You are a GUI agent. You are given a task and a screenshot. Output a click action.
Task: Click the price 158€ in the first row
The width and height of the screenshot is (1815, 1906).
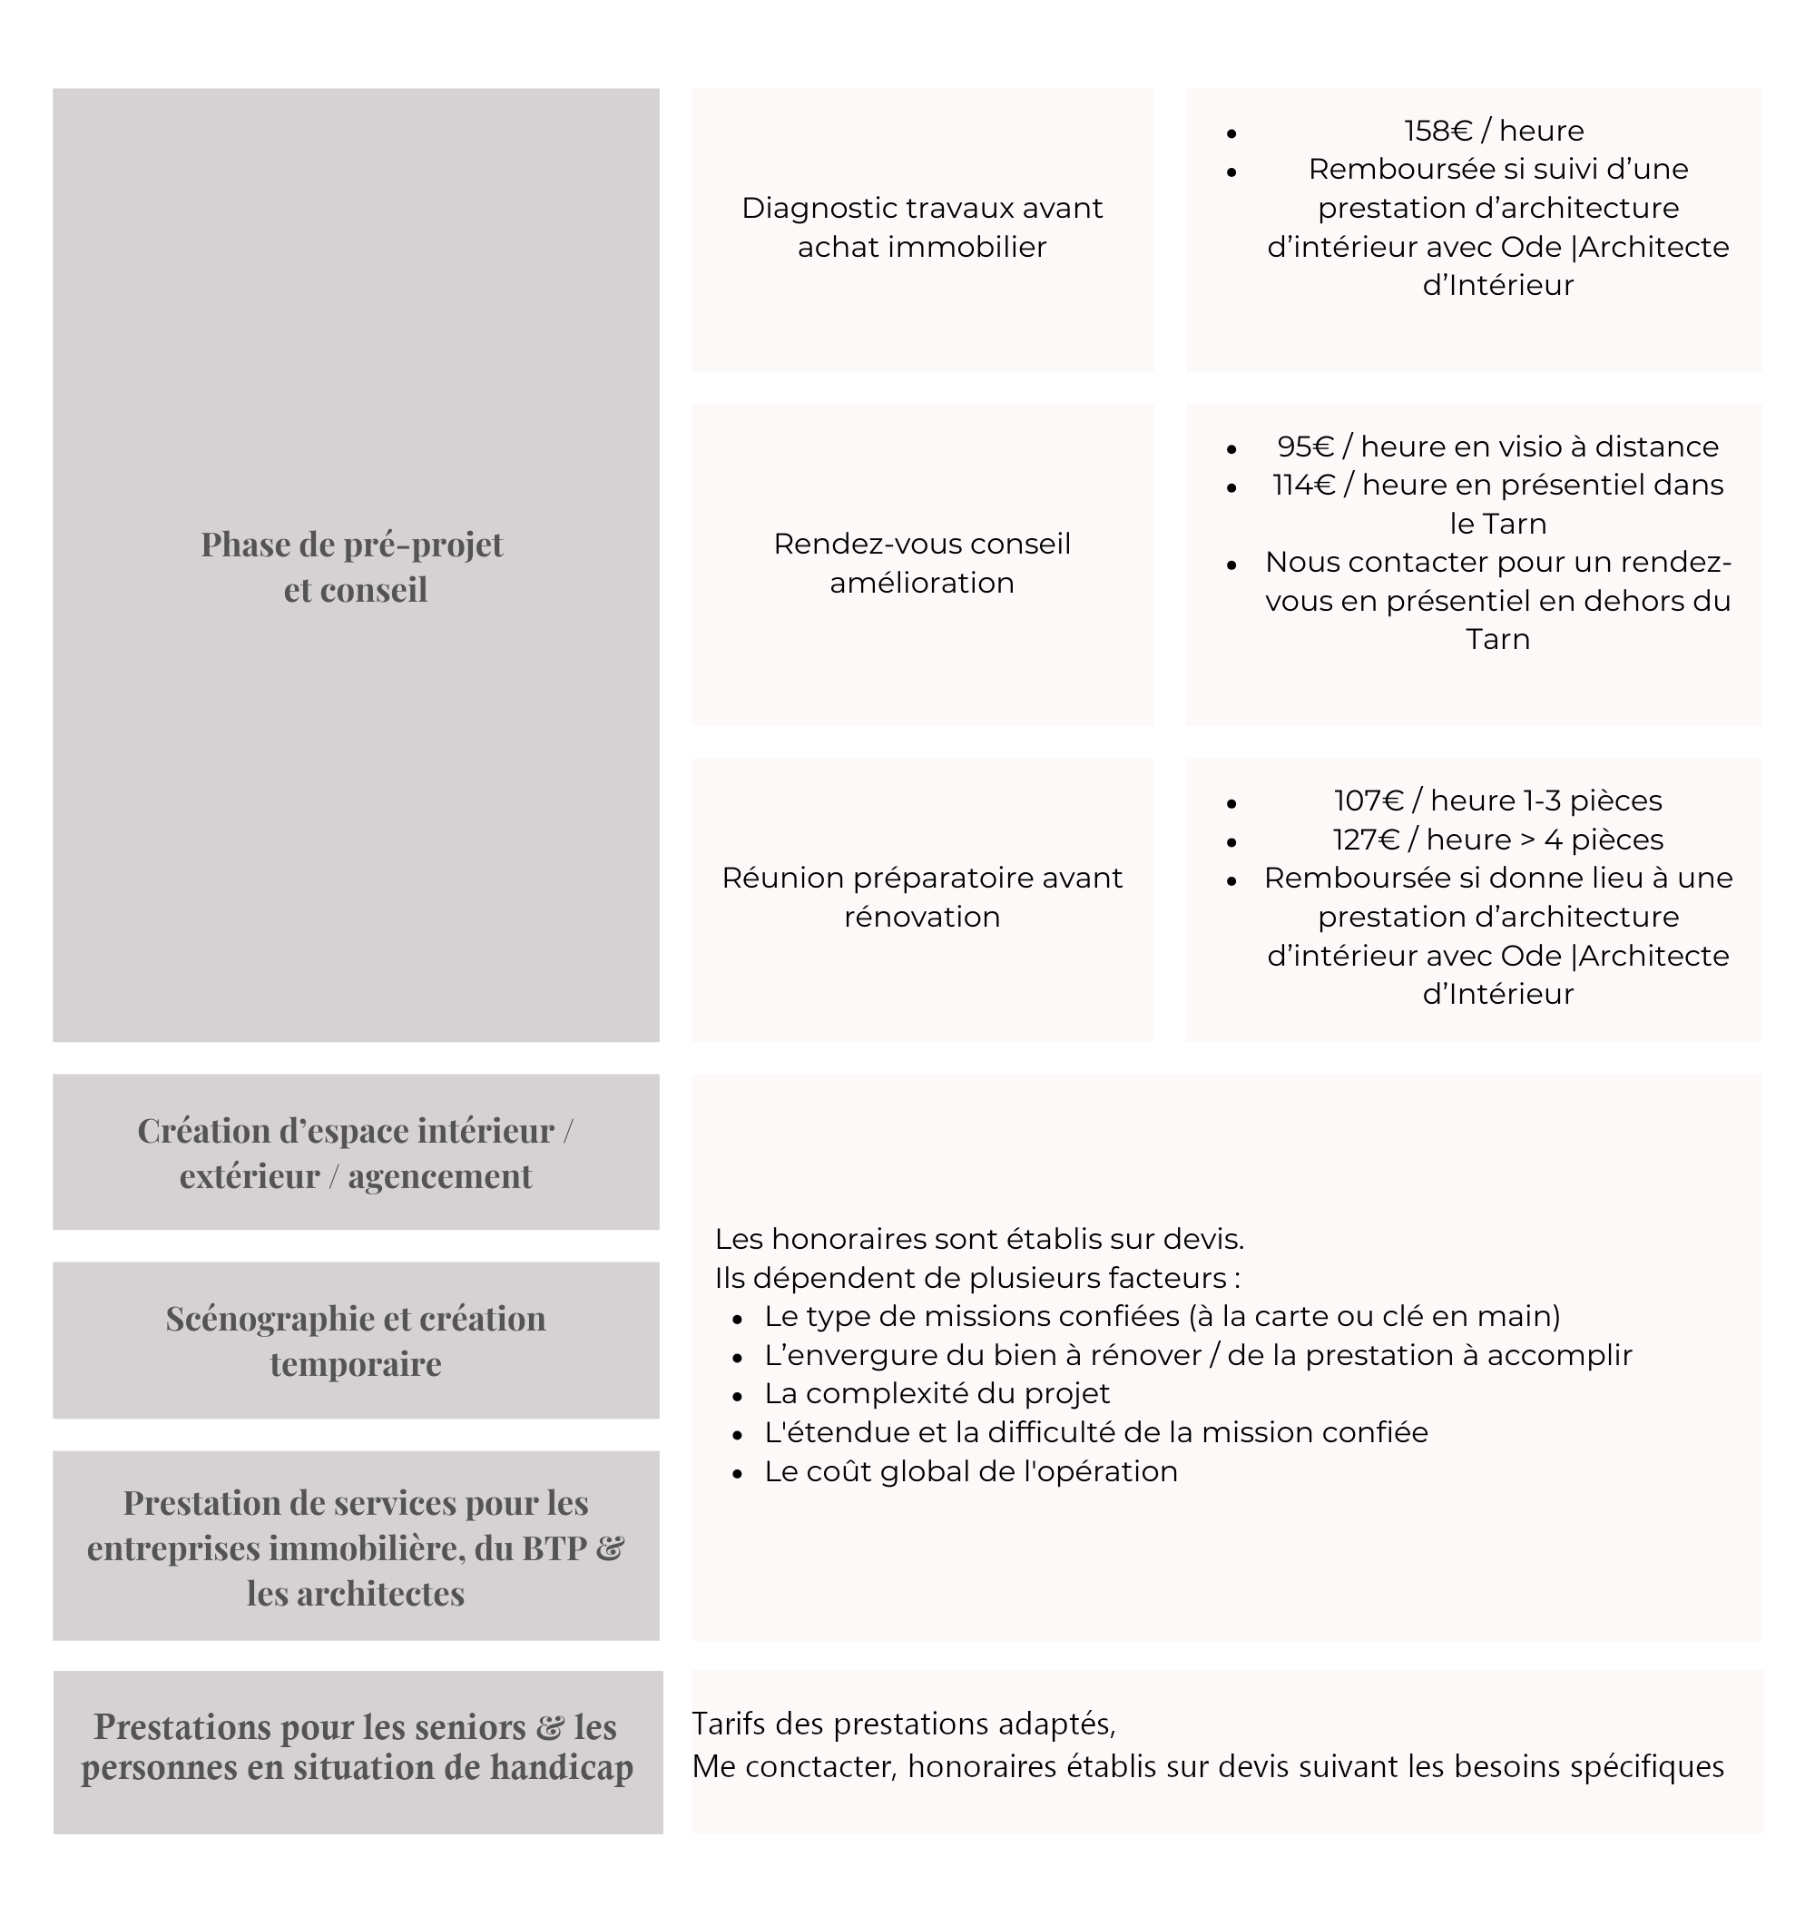1437,131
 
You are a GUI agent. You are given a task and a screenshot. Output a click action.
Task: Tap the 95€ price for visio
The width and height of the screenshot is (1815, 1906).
1305,446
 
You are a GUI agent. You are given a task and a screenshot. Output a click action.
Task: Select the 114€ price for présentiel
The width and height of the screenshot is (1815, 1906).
1303,485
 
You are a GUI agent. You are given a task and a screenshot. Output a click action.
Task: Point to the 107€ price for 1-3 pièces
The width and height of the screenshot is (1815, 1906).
1368,801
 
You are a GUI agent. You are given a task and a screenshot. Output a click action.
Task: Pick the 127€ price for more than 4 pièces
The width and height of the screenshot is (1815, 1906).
1366,839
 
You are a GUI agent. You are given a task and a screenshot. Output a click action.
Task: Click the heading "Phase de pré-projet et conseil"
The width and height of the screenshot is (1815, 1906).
354,566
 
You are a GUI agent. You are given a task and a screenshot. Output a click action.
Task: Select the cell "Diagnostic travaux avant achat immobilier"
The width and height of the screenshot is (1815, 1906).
921,228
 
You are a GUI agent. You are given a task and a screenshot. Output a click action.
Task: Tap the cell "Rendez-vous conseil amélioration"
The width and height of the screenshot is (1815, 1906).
921,563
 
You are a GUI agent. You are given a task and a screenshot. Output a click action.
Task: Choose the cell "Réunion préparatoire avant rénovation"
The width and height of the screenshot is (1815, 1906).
921,897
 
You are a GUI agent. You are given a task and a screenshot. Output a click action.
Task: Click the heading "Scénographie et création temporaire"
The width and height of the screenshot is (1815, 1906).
355,1340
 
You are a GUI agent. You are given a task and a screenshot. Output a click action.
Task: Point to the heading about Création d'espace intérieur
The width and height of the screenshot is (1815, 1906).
355,1153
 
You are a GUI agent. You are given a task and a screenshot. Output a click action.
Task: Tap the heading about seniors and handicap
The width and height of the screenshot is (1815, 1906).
357,1747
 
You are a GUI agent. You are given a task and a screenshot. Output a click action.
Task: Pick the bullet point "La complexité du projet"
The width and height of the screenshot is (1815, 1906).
937,1393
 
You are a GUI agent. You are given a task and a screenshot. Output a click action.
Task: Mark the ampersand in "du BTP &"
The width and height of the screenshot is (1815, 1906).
610,1548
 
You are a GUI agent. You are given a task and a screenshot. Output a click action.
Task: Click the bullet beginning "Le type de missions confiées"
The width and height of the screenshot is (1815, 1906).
1161,1316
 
